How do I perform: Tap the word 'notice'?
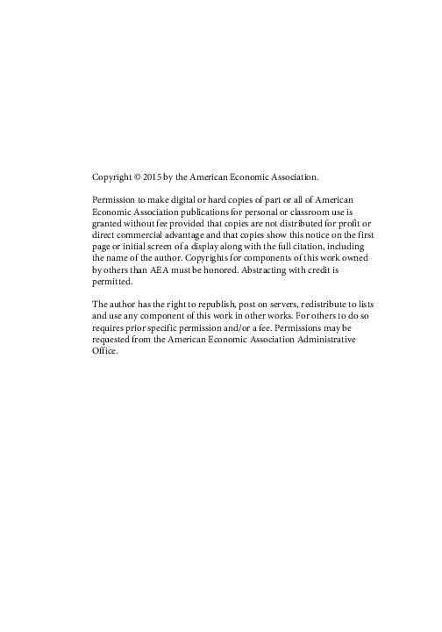point(299,236)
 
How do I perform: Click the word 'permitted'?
point(112,283)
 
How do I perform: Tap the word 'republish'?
point(212,305)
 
